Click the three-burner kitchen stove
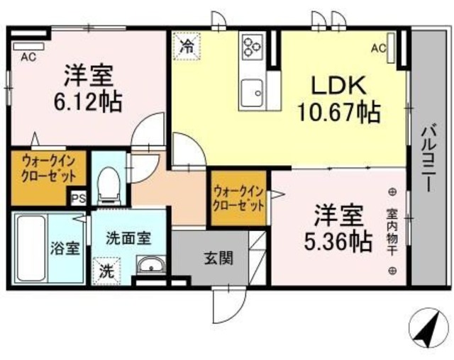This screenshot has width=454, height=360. click(x=252, y=47)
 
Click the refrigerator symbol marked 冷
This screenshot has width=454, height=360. click(x=188, y=48)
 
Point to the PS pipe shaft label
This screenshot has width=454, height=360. click(x=77, y=199)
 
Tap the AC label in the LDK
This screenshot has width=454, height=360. click(x=377, y=48)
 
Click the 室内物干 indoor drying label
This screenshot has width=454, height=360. click(x=391, y=231)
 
